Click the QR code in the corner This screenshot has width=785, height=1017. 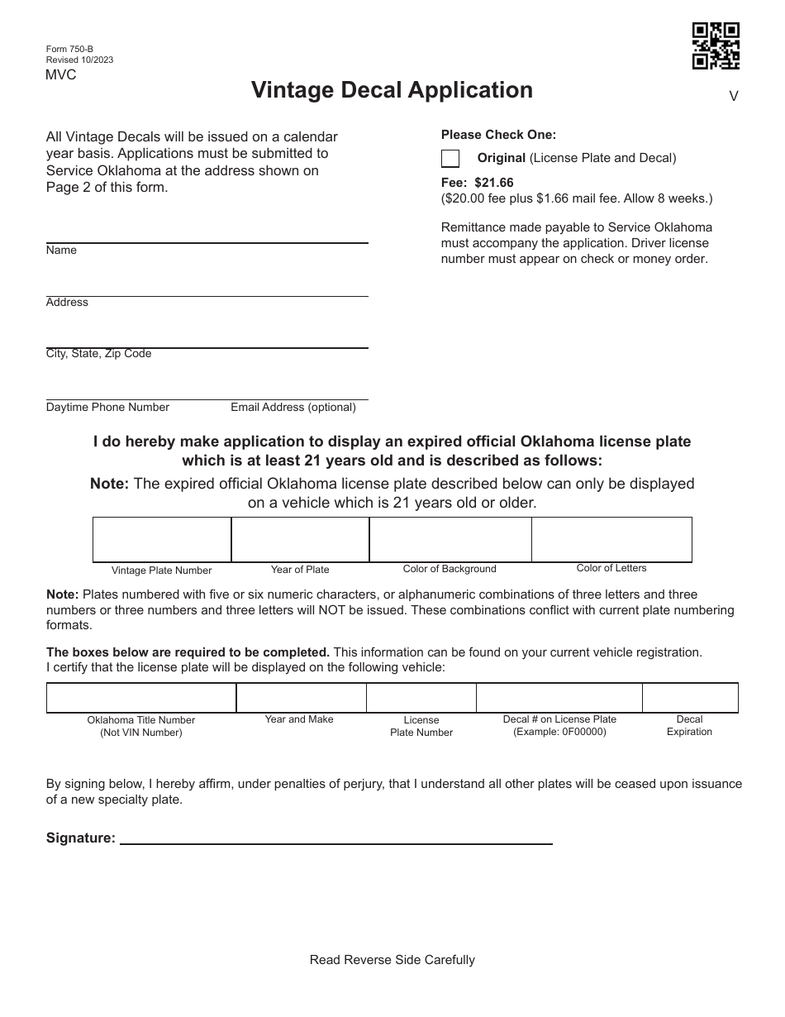coord(716,45)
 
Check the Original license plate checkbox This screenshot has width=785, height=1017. coord(450,158)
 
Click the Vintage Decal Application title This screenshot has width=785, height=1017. coord(392,90)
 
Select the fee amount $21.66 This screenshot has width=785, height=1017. coord(494,183)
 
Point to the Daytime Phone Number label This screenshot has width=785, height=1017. coord(107,407)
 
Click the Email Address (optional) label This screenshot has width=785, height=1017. coord(293,407)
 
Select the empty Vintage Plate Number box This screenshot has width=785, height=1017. coord(162,539)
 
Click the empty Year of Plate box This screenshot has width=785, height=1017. coord(300,539)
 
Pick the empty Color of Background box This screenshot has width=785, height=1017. coord(450,539)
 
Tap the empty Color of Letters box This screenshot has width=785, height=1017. coord(611,539)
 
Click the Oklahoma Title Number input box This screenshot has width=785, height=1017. coord(141,698)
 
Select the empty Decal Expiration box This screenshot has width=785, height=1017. coord(690,698)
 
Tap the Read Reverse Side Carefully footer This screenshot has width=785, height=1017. coord(392,960)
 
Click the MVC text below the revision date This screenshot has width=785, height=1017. coord(61,75)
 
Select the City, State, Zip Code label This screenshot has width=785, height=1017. coord(98,354)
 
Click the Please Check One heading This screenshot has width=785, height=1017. coord(498,135)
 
